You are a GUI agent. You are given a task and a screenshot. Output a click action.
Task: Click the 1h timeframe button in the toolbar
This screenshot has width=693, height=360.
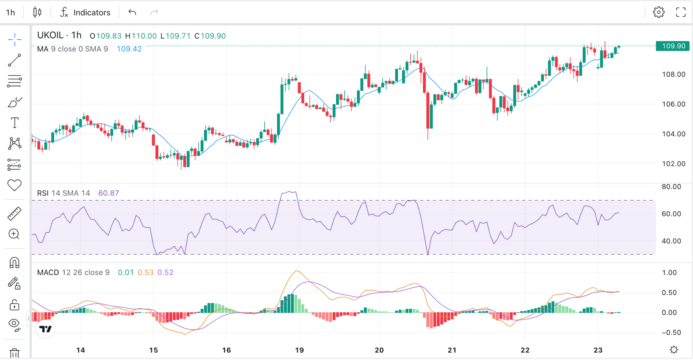10,13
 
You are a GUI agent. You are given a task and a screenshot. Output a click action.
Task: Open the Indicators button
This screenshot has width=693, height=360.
85,13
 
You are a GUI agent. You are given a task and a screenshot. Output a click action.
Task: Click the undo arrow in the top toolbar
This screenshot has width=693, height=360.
132,13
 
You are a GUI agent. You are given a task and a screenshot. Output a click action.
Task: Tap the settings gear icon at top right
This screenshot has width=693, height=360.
658,13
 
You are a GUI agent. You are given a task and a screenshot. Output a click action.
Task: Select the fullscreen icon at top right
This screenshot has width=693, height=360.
681,13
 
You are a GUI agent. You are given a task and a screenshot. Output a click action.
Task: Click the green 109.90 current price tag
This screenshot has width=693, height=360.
672,46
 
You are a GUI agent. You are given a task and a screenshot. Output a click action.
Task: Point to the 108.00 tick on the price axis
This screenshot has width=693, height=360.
673,74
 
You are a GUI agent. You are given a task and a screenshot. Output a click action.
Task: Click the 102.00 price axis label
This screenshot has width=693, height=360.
673,164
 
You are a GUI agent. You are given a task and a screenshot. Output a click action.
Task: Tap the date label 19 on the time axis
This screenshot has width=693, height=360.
299,350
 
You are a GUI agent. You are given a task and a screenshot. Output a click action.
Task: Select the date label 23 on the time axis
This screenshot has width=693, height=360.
598,350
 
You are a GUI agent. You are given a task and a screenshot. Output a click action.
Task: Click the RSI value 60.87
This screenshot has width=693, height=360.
109,193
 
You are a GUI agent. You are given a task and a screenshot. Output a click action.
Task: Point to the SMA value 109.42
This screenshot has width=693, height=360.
129,49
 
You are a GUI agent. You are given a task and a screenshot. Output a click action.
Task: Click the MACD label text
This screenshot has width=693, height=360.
48,273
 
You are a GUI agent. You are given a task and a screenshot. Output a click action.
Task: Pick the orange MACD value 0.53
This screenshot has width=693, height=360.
146,273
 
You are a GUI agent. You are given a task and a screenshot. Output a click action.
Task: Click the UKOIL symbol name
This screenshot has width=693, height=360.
50,35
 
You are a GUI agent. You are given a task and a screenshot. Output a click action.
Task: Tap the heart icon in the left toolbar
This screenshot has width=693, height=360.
15,185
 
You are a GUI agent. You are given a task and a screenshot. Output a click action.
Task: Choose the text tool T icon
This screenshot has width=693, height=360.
15,123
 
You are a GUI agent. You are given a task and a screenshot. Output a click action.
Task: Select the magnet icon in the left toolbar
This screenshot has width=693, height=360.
15,263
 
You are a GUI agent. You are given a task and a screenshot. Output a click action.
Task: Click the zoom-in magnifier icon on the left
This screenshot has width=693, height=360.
14,234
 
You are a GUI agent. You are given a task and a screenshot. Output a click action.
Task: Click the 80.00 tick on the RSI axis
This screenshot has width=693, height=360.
671,187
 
